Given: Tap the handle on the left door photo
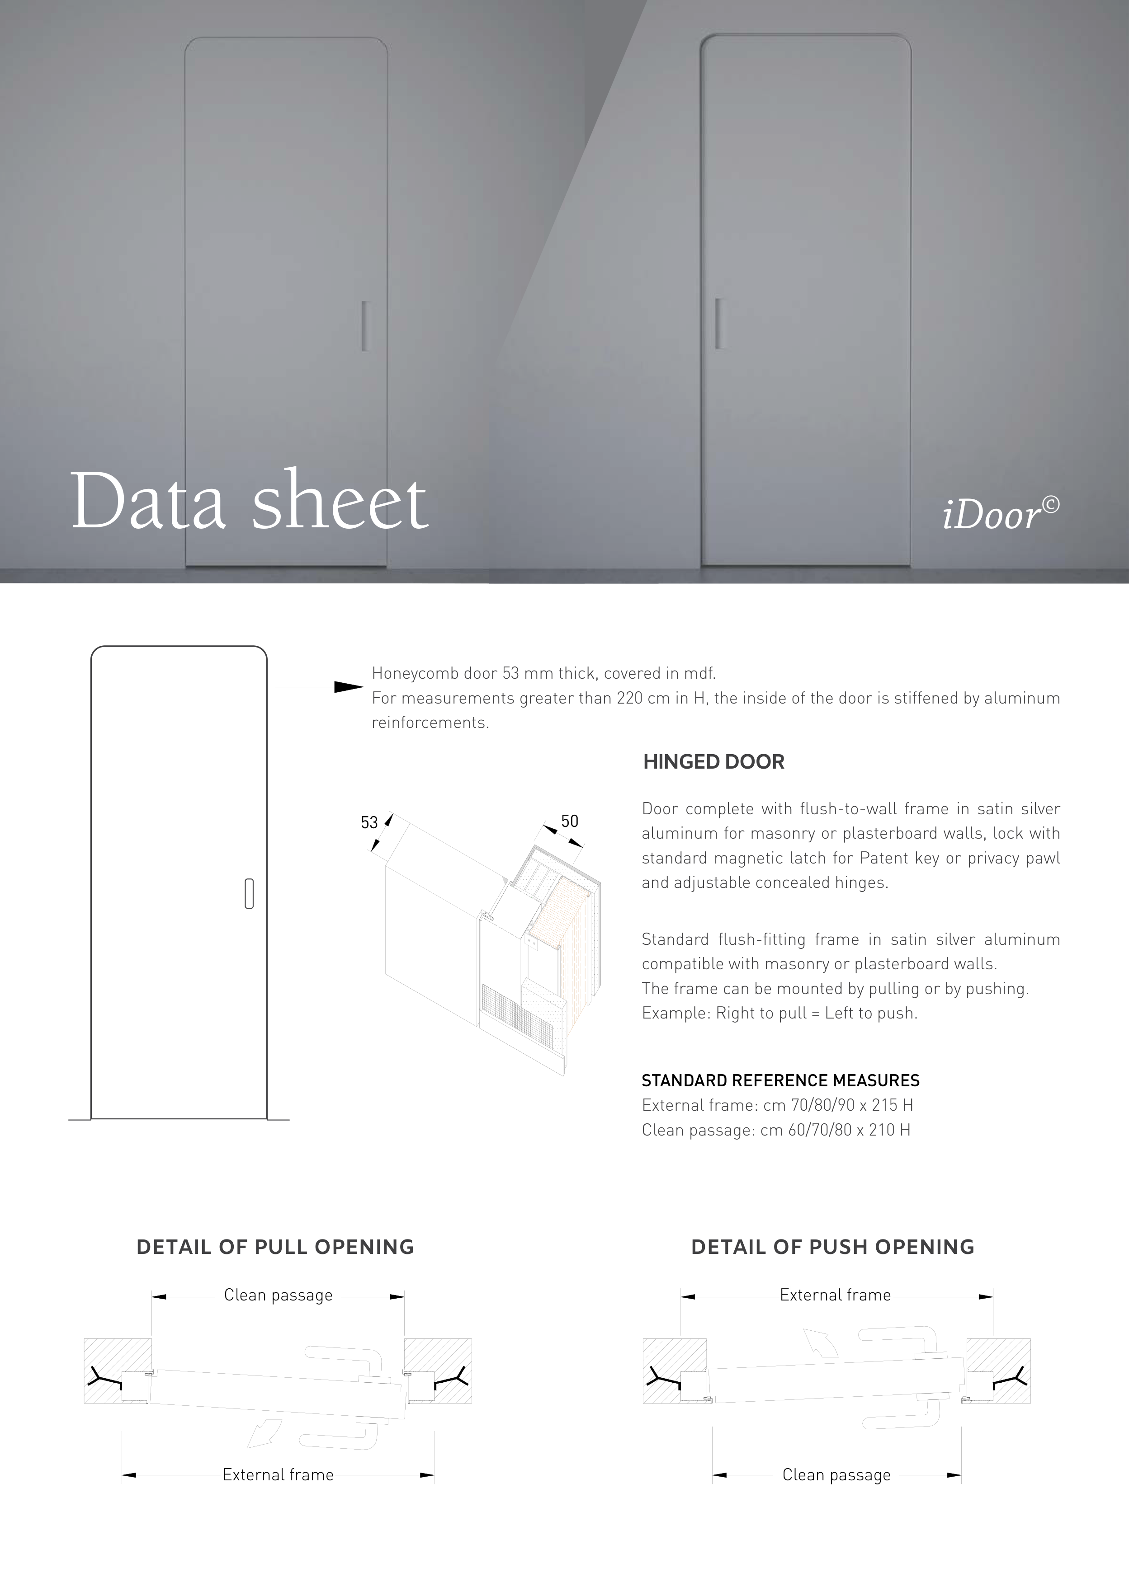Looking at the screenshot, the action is [x=364, y=326].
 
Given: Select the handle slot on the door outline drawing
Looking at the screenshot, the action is [x=249, y=894].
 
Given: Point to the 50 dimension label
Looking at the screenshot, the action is [x=570, y=821].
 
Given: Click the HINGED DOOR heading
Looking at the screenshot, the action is [x=714, y=762].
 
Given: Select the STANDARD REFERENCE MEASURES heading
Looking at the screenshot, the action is [x=780, y=1081].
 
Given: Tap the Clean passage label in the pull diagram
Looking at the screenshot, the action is [x=278, y=1296].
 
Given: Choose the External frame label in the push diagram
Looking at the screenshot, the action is [x=836, y=1295].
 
